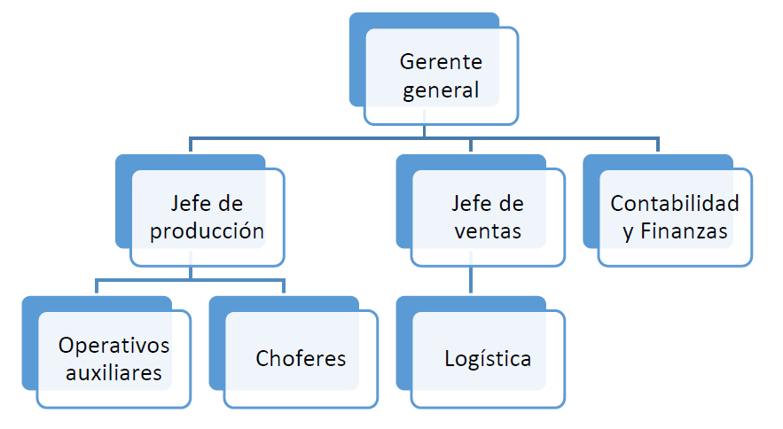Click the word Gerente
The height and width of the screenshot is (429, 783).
(441, 62)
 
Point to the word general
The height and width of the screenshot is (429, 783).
(441, 90)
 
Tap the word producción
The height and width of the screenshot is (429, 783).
(207, 231)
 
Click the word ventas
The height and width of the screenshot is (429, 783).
(487, 231)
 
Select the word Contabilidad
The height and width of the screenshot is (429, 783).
(675, 204)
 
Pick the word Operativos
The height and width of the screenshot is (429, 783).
(114, 345)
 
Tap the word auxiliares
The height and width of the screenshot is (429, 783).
(114, 372)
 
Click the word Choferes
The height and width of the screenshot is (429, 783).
(301, 359)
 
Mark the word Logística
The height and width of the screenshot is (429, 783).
(488, 359)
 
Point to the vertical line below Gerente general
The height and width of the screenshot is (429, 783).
(424, 129)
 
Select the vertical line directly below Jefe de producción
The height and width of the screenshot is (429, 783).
(190, 272)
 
